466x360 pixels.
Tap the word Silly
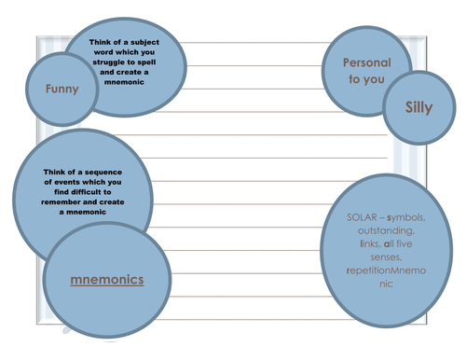point(419,107)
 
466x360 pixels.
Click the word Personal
point(365,63)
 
